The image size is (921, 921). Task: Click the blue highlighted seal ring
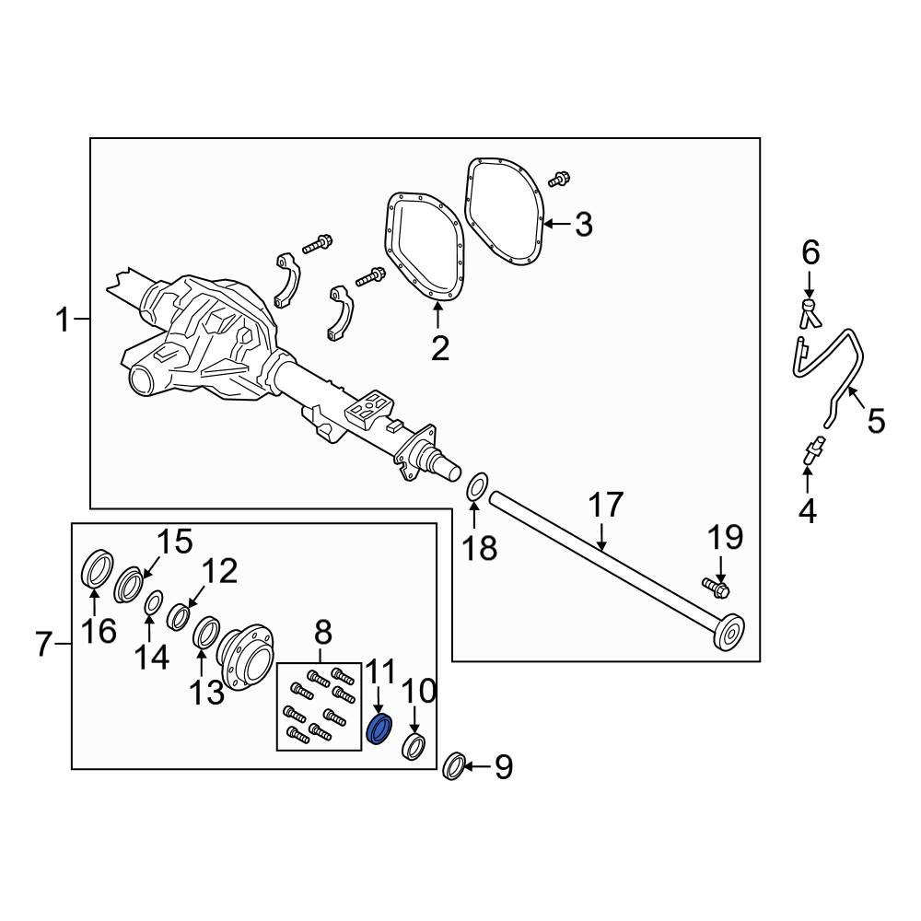379,729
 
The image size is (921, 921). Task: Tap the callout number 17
606,506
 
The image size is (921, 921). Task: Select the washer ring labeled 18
477,487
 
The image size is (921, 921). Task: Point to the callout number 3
584,225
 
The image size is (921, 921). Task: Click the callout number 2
440,348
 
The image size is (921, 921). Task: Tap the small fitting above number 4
812,451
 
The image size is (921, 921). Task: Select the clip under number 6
810,313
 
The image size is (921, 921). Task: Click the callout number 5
876,421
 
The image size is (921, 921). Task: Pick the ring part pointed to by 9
454,766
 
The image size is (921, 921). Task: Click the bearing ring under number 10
414,747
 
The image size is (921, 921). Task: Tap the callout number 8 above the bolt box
323,633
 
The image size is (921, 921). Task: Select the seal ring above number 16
97,568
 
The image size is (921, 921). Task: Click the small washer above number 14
154,602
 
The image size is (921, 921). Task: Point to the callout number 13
206,693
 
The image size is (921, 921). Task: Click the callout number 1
63,321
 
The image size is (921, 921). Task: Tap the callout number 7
43,645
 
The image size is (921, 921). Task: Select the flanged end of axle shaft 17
729,633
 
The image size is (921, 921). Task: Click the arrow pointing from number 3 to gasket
557,224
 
